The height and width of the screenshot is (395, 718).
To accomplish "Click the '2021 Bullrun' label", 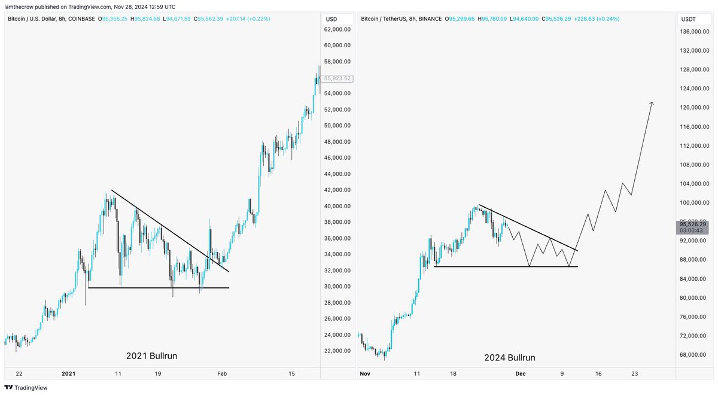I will click(151, 356).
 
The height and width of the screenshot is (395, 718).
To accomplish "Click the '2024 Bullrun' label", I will click(510, 358).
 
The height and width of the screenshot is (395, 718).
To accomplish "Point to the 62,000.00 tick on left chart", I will click(337, 29).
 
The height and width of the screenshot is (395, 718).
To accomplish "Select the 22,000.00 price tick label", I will click(337, 351).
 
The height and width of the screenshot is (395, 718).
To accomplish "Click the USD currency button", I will click(331, 19).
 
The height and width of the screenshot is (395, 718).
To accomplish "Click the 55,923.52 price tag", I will click(337, 78).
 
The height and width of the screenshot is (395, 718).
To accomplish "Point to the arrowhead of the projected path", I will click(652, 104).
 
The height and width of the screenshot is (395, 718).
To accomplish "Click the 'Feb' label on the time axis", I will click(222, 374).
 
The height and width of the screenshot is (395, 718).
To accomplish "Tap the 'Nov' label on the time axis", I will click(366, 374).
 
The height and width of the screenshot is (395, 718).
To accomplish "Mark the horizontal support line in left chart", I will click(159, 288).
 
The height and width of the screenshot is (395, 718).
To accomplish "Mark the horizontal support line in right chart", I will click(506, 266).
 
